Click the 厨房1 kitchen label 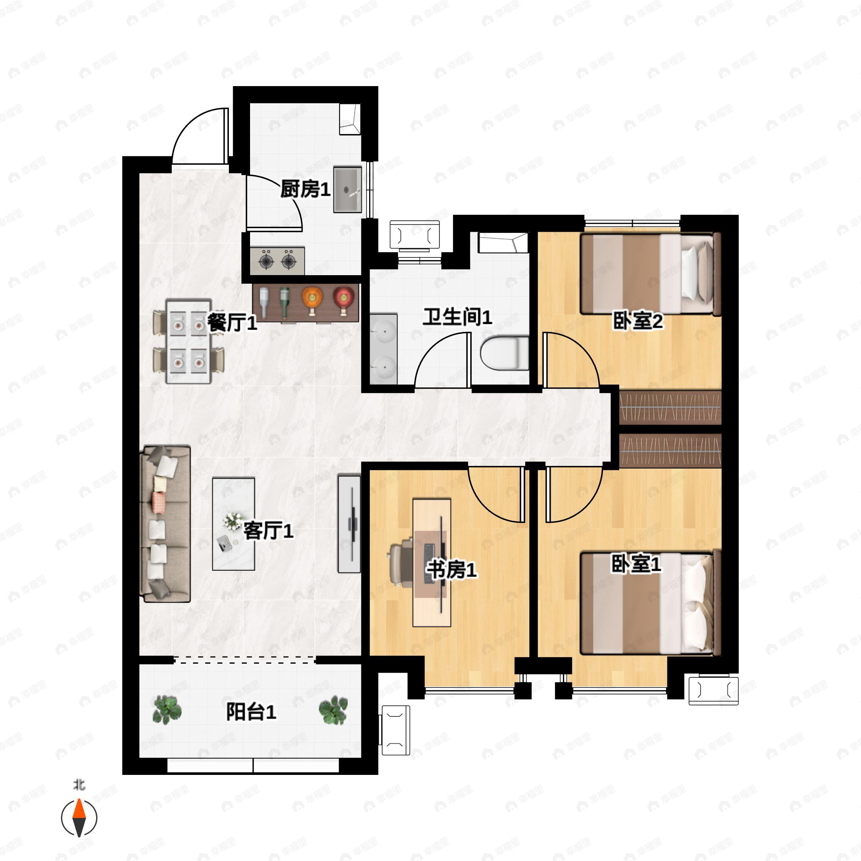[305, 190]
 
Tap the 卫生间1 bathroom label [457, 317]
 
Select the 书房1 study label [452, 570]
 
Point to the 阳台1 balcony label [251, 712]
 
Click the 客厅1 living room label [268, 531]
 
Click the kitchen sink [348, 189]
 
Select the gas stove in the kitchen [277, 261]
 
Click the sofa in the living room [165, 524]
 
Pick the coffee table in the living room [234, 524]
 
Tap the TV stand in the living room [349, 524]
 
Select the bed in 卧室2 [650, 274]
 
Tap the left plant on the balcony [167, 710]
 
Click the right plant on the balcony [333, 710]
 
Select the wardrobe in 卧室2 [670, 407]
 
